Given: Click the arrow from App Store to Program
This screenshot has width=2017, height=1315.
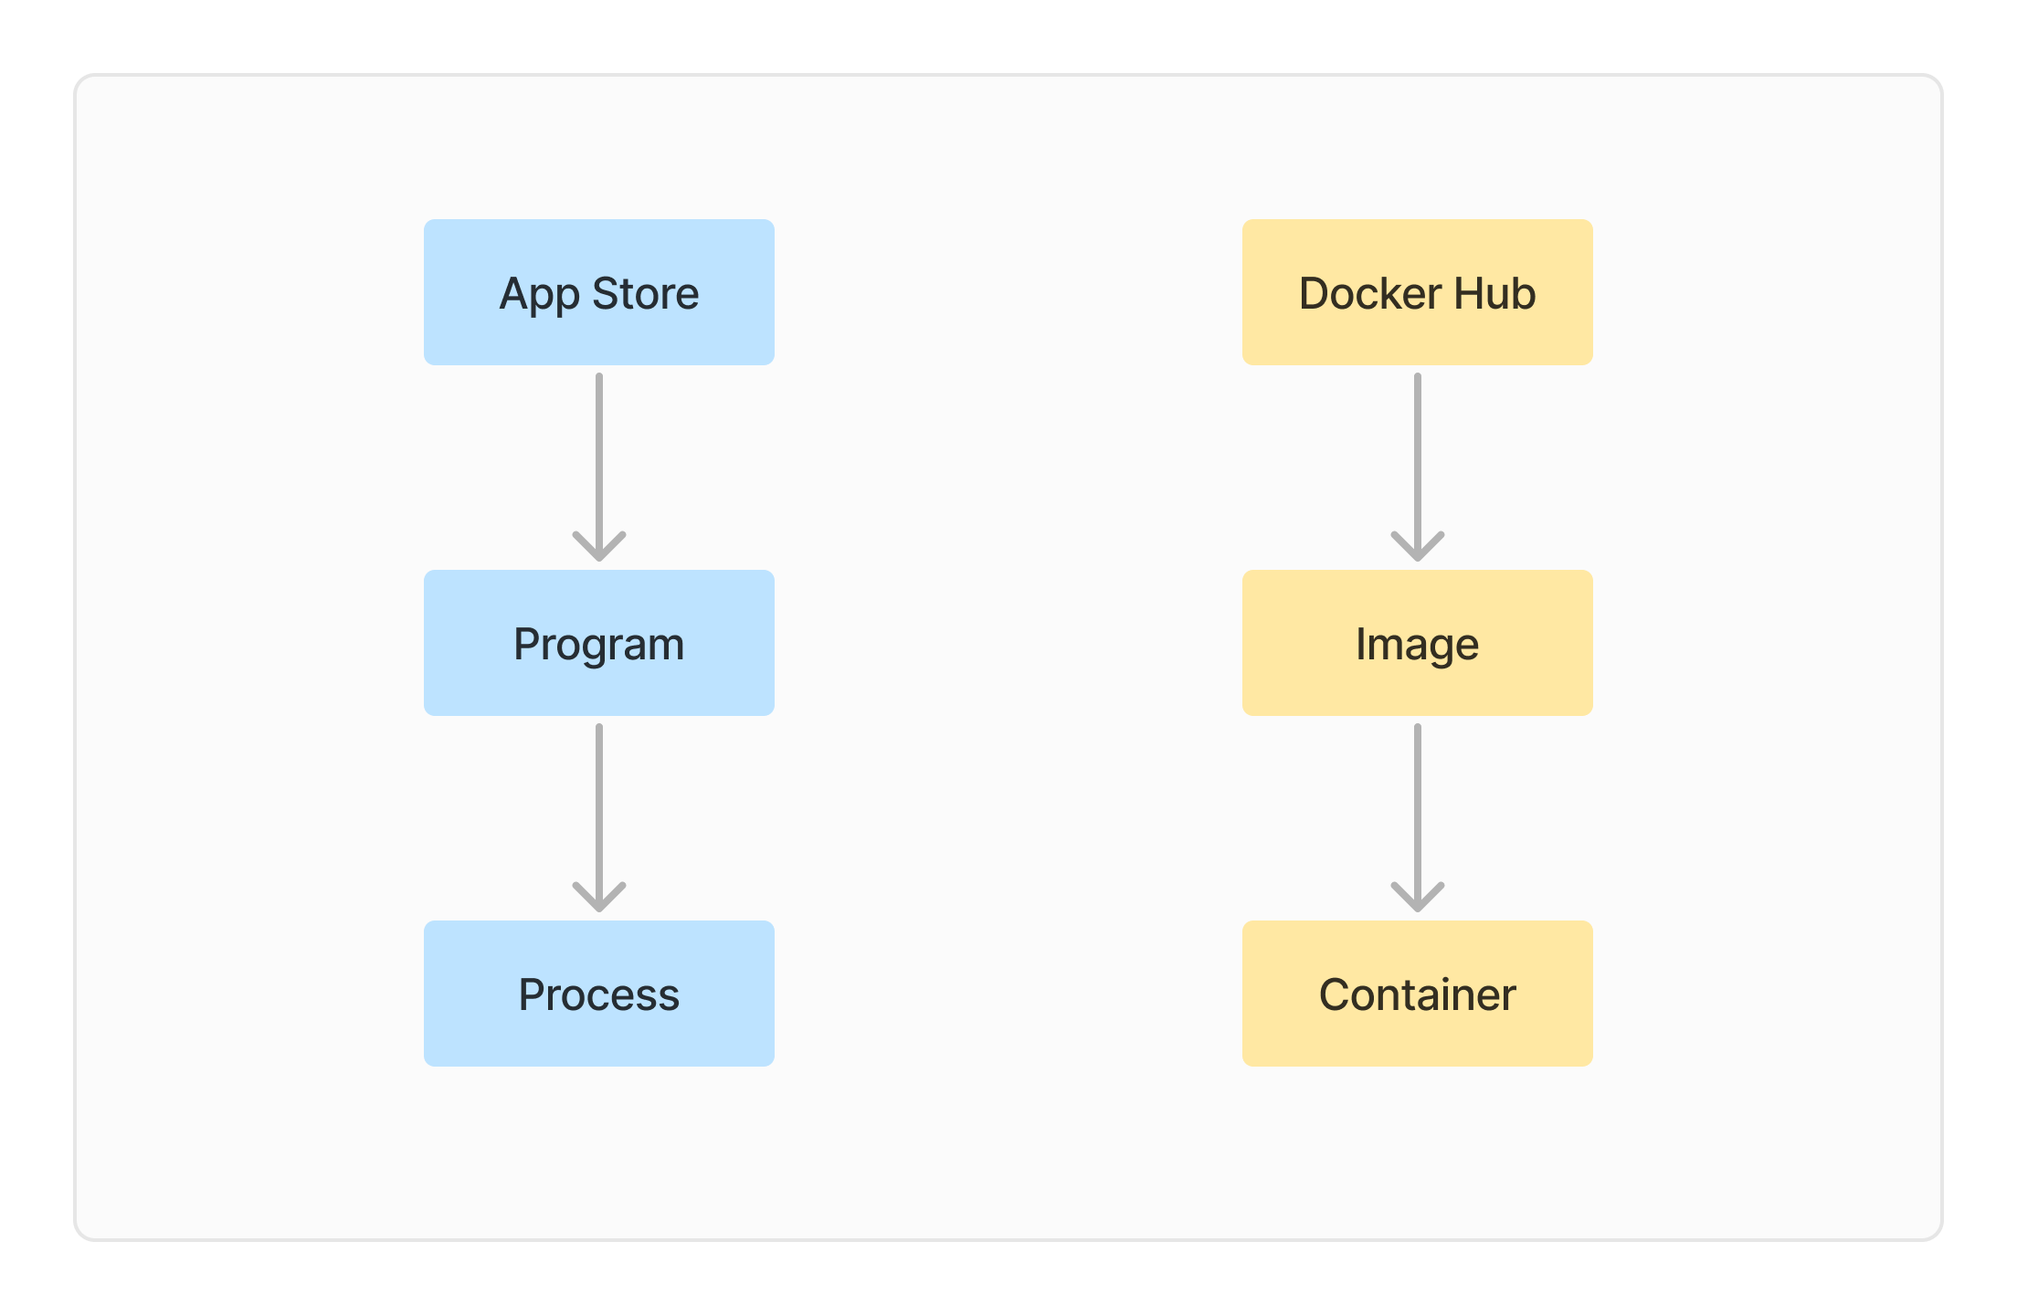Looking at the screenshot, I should (x=599, y=457).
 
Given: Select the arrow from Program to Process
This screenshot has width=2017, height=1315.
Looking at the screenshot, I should (x=599, y=807).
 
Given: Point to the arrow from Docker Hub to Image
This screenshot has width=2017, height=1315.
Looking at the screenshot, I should (x=1418, y=457).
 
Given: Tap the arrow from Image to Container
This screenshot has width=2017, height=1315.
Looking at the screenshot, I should (x=1418, y=807).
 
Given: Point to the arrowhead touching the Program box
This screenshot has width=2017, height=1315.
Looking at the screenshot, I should (x=599, y=548).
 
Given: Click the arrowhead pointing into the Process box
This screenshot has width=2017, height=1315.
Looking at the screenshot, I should (x=599, y=899).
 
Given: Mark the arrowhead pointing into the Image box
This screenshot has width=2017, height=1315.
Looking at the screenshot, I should (x=1418, y=548).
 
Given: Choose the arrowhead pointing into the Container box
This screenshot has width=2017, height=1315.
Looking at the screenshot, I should (x=1418, y=899).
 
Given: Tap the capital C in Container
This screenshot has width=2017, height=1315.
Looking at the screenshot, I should (x=1335, y=995).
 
